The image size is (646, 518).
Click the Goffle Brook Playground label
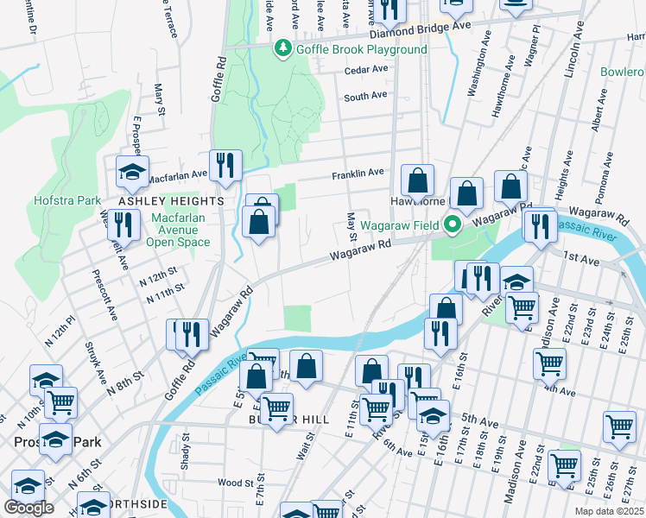(x=362, y=49)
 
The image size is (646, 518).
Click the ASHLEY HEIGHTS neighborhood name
(x=171, y=200)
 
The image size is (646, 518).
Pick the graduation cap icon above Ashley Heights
(x=132, y=170)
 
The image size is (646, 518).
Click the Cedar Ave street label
(x=365, y=72)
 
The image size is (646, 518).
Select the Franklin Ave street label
(x=358, y=174)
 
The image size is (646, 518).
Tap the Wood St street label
(x=235, y=483)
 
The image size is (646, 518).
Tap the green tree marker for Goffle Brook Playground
(x=282, y=49)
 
